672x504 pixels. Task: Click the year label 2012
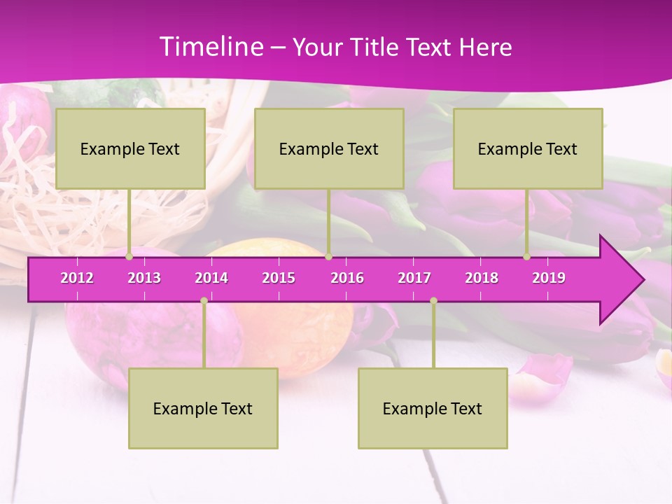[77, 278]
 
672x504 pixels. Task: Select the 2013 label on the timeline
[144, 278]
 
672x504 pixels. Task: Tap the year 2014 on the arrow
[211, 278]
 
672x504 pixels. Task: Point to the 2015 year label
[279, 278]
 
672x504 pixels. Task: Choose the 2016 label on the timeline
[347, 278]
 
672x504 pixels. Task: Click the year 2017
[414, 278]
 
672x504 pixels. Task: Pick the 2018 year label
[482, 278]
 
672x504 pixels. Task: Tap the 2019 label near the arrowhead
[549, 278]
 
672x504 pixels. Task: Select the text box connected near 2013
[130, 148]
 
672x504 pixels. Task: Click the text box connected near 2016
[329, 148]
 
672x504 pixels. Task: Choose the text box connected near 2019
[528, 148]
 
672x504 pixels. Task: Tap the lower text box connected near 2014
[203, 408]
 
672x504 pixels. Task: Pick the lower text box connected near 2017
[433, 408]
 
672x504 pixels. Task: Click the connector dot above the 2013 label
[129, 257]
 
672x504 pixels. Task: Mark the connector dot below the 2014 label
[204, 300]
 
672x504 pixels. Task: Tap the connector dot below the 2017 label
[433, 300]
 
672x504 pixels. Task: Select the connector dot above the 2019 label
[527, 257]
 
